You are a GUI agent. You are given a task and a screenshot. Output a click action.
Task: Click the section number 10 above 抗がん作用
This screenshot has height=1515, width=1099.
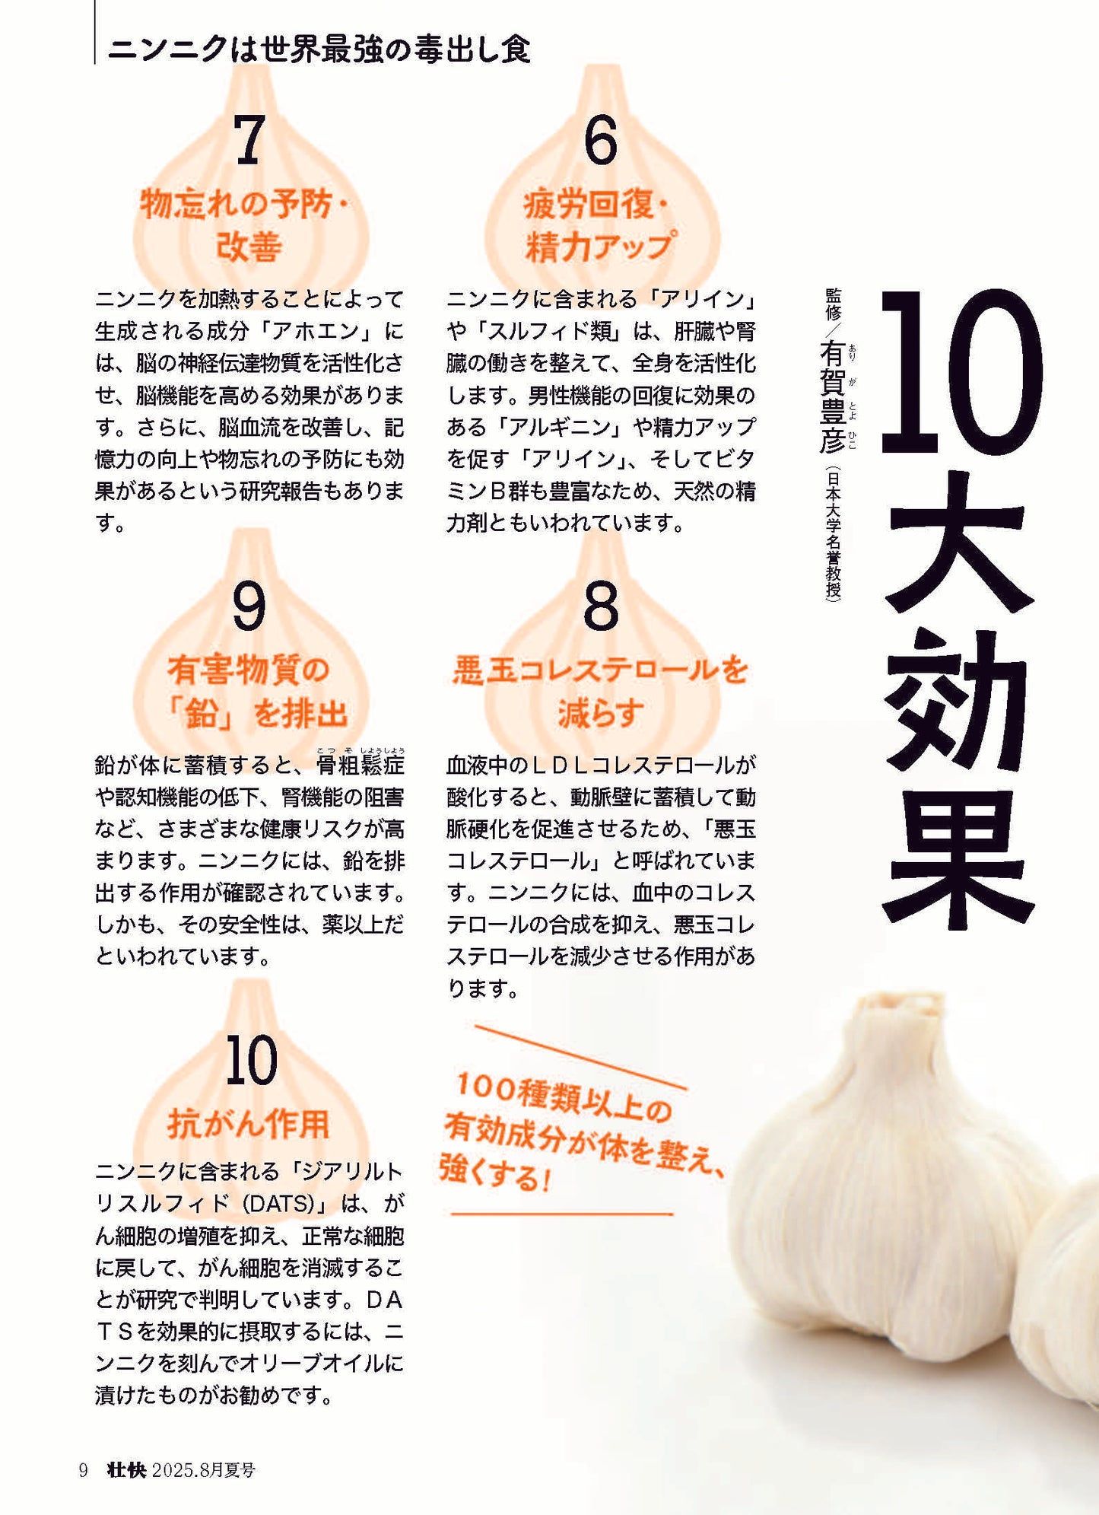pyautogui.click(x=251, y=1061)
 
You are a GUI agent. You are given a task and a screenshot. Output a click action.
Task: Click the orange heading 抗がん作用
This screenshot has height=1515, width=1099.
pyautogui.click(x=249, y=1124)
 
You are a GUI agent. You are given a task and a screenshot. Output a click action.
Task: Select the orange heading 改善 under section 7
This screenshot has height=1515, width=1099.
pyautogui.click(x=249, y=247)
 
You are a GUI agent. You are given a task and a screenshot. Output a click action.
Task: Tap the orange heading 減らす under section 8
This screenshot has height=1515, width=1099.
pyautogui.click(x=601, y=713)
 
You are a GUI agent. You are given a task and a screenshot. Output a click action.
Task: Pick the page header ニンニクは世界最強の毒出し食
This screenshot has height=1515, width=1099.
pyautogui.click(x=319, y=49)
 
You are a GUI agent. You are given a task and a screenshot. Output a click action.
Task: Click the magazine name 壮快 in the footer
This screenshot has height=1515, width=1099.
pyautogui.click(x=126, y=1470)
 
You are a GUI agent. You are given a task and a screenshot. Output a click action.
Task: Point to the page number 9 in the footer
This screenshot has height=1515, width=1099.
pyautogui.click(x=84, y=1470)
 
